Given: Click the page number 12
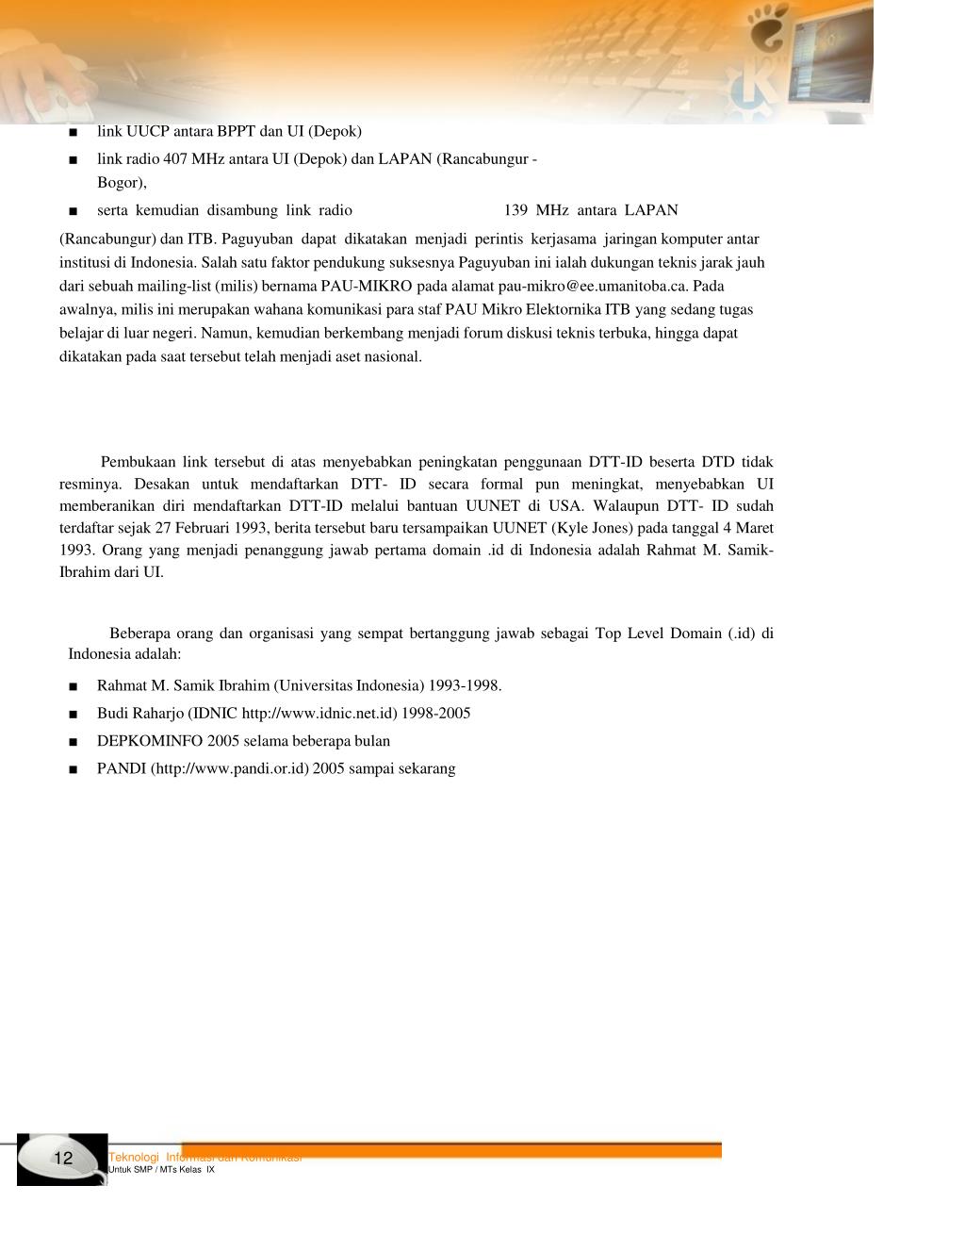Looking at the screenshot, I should (63, 1159).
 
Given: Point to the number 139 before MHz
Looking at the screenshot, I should (515, 210).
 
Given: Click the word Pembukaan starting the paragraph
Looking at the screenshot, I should (139, 462).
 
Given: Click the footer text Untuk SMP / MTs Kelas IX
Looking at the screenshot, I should (162, 1170).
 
